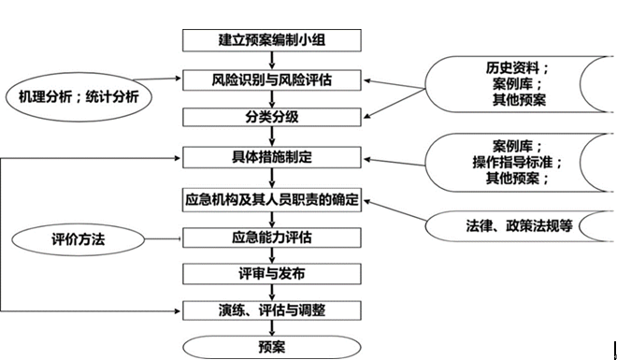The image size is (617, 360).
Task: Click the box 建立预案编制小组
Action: [271, 40]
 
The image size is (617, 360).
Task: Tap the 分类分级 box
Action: [271, 118]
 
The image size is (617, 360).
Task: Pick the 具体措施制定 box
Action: [271, 157]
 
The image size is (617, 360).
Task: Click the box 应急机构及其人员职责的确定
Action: [271, 201]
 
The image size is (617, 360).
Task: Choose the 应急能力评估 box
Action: [271, 238]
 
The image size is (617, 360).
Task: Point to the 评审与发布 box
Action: [271, 274]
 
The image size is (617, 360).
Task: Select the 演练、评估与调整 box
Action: [271, 310]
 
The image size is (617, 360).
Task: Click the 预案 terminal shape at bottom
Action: [271, 346]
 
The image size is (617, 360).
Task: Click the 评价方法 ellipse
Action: [79, 240]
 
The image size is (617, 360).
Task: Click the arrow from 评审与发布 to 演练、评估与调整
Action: [271, 292]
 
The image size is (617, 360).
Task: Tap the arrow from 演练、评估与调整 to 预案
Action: [271, 327]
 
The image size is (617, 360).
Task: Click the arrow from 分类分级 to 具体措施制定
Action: [271, 137]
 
